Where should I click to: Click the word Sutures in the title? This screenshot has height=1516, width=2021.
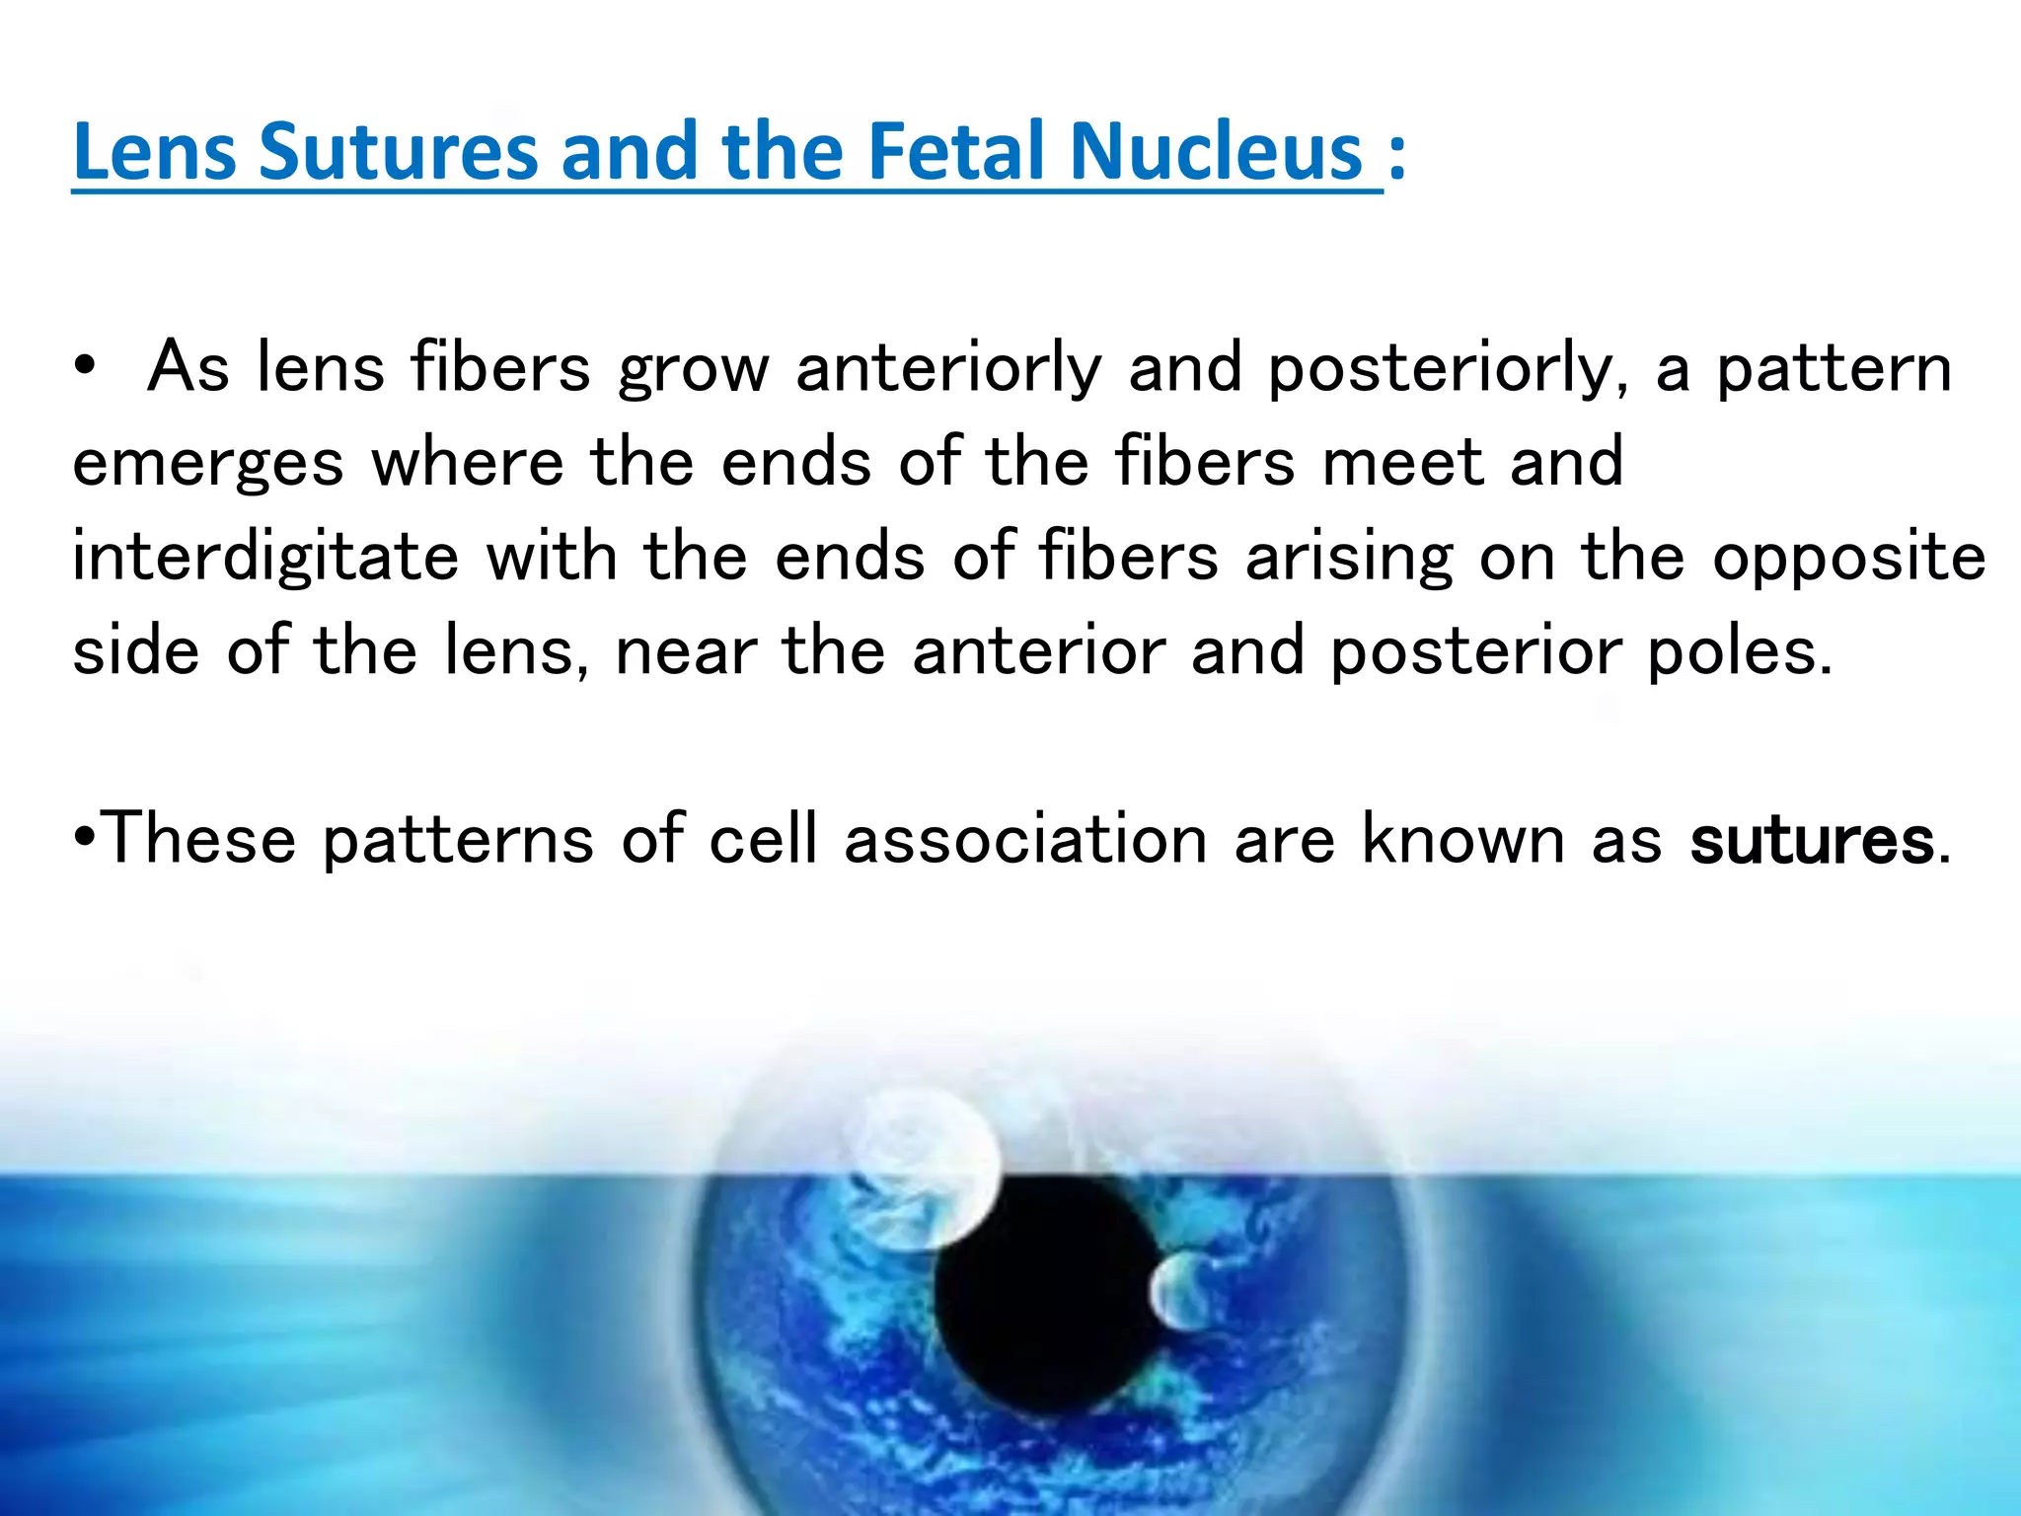click(x=399, y=152)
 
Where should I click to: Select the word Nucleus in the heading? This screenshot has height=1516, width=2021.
click(x=1218, y=152)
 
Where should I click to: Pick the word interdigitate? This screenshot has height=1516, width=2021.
click(x=265, y=557)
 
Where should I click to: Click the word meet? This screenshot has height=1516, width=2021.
click(x=1402, y=462)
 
